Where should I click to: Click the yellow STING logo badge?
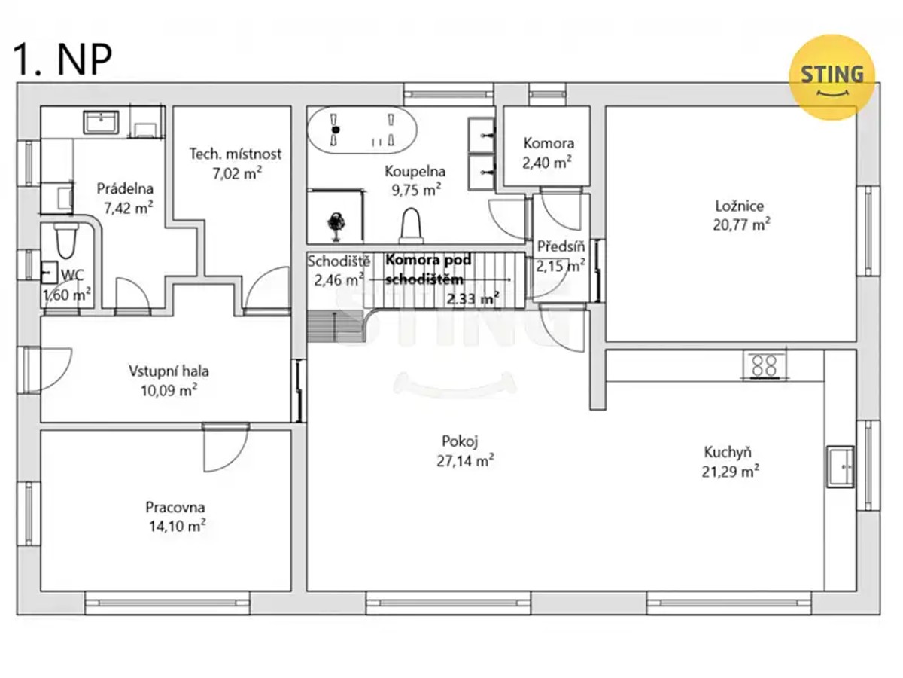click(x=832, y=78)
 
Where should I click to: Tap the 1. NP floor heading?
click(x=62, y=60)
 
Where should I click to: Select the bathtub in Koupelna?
click(x=362, y=130)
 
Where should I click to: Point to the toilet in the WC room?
click(x=66, y=240)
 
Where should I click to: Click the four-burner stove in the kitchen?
click(x=765, y=365)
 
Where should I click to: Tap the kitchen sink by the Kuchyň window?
click(x=841, y=466)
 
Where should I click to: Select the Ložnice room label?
click(x=739, y=206)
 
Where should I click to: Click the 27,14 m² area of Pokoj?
click(x=465, y=460)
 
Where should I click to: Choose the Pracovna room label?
click(x=175, y=507)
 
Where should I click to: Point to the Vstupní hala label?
click(x=169, y=371)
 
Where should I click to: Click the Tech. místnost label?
click(x=236, y=154)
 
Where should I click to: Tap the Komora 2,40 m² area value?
click(x=547, y=163)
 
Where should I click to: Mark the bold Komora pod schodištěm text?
click(x=428, y=270)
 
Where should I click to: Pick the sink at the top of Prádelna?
click(x=101, y=122)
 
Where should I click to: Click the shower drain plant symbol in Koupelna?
click(x=336, y=225)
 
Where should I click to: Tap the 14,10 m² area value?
click(x=178, y=527)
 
